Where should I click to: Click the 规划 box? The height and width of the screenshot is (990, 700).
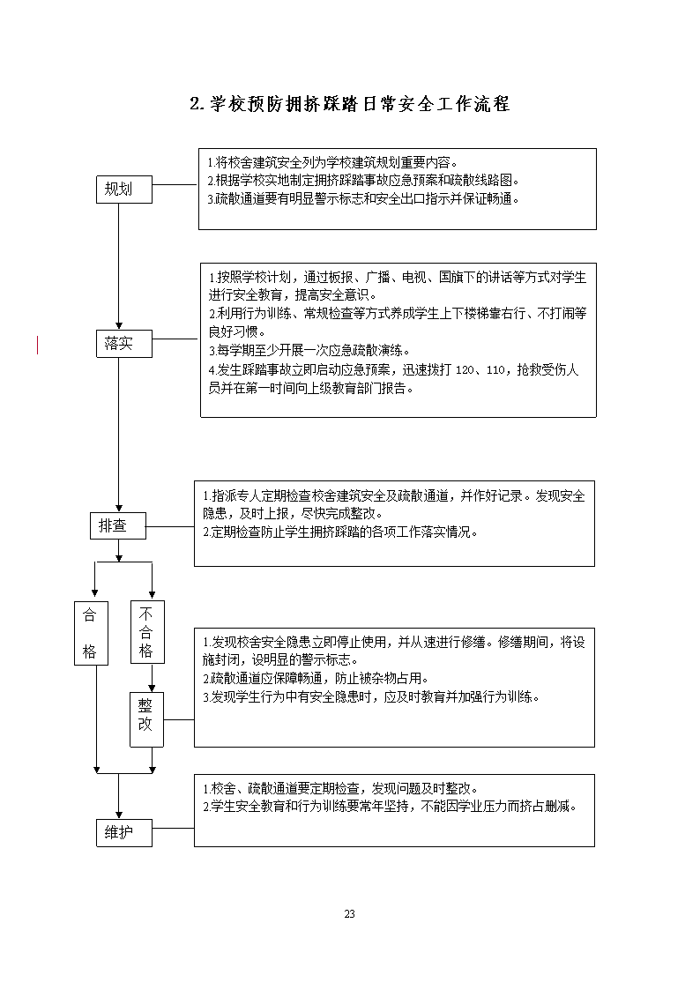click(123, 190)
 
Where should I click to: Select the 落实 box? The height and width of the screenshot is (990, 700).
click(123, 344)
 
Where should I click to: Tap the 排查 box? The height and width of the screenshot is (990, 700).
click(117, 525)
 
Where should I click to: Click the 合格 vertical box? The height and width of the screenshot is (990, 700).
click(91, 633)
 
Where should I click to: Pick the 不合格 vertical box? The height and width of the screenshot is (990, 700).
click(147, 631)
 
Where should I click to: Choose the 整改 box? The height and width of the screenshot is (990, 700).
click(146, 719)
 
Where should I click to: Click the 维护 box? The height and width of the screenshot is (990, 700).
click(123, 833)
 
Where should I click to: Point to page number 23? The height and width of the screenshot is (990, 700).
click(350, 913)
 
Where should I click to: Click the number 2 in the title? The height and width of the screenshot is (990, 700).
click(195, 104)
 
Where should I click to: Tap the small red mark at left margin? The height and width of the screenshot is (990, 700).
click(37, 346)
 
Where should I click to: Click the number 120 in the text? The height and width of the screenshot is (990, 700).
click(465, 370)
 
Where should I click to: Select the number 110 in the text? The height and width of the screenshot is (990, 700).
click(495, 370)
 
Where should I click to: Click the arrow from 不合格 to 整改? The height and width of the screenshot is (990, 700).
click(153, 677)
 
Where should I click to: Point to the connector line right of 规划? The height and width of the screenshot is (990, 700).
click(175, 185)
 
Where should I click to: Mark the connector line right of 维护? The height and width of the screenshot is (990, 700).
click(173, 828)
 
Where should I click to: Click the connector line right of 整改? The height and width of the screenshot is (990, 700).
click(179, 719)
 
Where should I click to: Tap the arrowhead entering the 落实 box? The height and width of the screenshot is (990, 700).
click(119, 326)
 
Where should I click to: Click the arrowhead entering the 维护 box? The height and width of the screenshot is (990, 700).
click(119, 815)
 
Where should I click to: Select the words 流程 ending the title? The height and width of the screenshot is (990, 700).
click(492, 103)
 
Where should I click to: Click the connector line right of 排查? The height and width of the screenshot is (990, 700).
click(170, 526)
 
